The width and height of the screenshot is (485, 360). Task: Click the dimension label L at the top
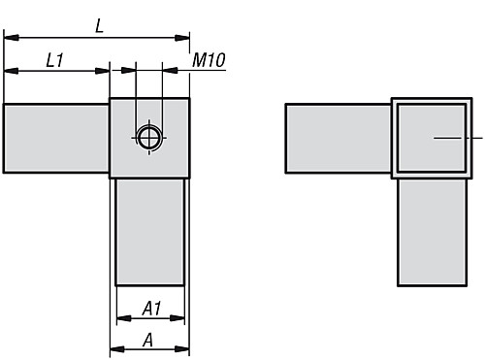99,27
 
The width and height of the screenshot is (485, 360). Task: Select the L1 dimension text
56,60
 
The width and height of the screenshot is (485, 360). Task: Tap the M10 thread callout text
209,60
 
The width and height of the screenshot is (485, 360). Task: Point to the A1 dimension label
151,309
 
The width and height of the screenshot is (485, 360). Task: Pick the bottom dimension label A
148,339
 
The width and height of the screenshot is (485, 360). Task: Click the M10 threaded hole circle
148,138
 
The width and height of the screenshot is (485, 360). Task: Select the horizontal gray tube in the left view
56,138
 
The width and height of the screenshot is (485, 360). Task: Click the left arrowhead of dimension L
10,39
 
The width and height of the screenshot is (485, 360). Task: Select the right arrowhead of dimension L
183,39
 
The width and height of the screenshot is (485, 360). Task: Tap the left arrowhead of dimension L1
10,70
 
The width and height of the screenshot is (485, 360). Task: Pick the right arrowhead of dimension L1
104,70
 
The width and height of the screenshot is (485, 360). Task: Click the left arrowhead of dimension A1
121,319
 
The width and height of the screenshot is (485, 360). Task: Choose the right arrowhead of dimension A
183,349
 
